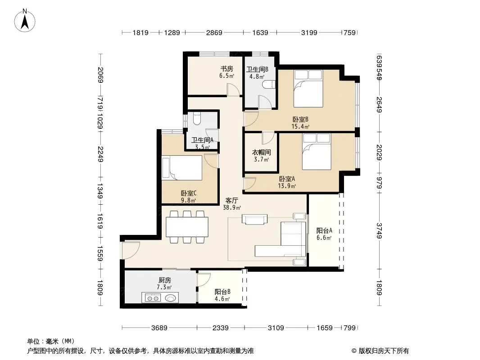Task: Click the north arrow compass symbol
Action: pos(25,21)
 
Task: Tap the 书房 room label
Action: pos(226,69)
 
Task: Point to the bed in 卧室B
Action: pos(308,88)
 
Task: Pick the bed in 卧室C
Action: pos(182,167)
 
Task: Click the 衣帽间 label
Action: pos(261,152)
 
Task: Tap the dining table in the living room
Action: pos(187,227)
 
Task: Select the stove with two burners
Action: pos(153,297)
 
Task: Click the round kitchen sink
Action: pos(171,297)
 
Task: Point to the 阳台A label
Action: pos(324,230)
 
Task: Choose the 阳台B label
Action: pos(222,292)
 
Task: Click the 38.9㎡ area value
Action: pos(232,207)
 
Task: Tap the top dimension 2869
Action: pos(214,32)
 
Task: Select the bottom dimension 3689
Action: pos(159,328)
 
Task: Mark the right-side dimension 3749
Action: pos(379,230)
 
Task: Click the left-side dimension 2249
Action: pos(100,154)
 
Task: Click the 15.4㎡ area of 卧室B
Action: pos(300,126)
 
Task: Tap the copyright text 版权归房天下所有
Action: pos(384,351)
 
